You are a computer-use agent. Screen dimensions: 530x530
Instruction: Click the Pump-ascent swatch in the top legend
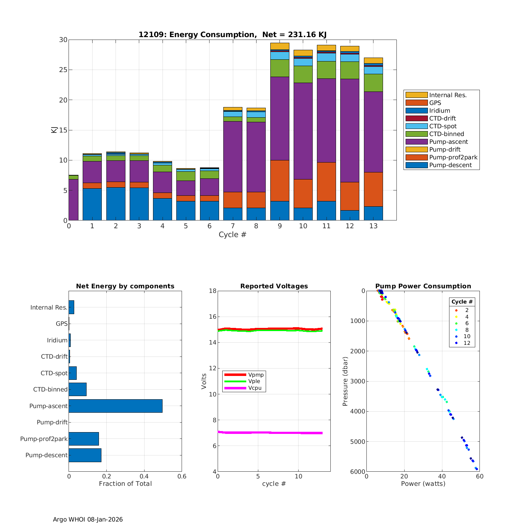(x=416, y=142)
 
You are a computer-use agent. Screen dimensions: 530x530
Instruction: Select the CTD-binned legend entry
(x=446, y=134)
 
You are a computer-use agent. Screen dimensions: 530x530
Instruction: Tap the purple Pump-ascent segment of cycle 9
(x=279, y=118)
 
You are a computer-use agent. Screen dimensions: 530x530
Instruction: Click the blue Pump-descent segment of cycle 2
(x=116, y=204)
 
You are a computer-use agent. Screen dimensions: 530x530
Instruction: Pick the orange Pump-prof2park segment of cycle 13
(x=373, y=189)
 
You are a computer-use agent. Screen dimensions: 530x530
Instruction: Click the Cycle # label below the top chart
(x=232, y=235)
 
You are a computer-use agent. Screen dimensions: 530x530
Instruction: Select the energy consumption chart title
(x=232, y=35)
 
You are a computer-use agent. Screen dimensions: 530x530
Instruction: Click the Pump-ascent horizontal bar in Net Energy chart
(x=116, y=406)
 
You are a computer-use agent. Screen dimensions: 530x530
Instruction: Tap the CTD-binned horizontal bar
(x=77, y=389)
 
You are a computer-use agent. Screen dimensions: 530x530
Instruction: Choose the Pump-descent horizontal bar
(x=85, y=455)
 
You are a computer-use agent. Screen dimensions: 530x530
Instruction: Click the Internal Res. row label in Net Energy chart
(x=49, y=307)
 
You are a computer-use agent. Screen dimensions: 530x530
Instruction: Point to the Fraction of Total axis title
(x=125, y=484)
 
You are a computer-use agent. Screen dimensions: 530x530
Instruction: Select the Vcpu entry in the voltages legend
(x=255, y=388)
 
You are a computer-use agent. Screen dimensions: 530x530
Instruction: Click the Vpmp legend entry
(x=256, y=375)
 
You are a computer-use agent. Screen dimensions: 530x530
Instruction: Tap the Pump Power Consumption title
(x=423, y=286)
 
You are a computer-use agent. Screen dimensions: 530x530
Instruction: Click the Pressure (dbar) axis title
(x=346, y=381)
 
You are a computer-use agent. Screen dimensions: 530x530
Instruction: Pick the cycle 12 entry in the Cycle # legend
(x=466, y=343)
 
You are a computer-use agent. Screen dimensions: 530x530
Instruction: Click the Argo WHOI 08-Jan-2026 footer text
(x=88, y=519)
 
